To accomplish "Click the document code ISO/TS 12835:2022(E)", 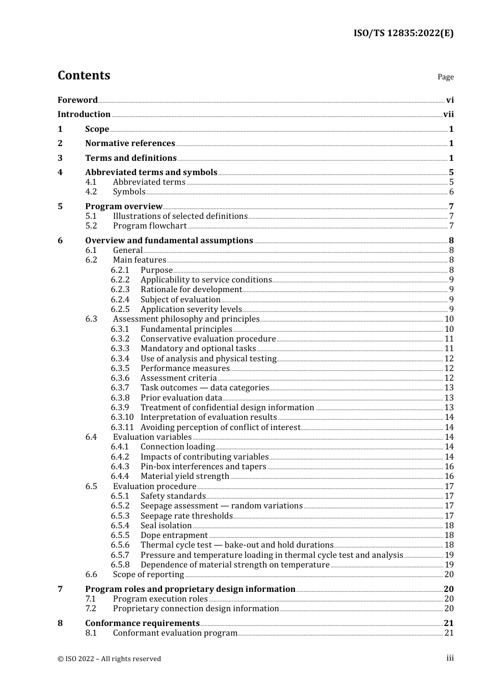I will [404, 33].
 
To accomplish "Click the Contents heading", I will [84, 75].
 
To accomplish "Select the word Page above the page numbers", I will [445, 77].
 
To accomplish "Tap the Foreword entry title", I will [77, 100].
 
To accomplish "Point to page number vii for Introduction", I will [448, 115].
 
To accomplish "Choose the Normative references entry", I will [130, 144].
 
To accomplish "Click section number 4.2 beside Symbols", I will [91, 192].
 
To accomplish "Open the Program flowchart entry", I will [150, 226].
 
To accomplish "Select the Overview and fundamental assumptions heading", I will [169, 241].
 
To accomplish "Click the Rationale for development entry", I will [191, 290].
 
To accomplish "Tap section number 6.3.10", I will [122, 417].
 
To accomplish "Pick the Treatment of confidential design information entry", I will [227, 408].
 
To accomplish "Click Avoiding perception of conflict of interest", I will [220, 427].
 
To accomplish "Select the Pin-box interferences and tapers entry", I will [203, 467].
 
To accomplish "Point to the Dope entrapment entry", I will [174, 535].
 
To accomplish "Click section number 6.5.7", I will [120, 555].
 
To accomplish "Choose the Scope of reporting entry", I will [148, 575].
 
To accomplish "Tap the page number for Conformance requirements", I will [448, 623].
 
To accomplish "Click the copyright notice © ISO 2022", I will [109, 659].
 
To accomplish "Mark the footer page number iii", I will [450, 658].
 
